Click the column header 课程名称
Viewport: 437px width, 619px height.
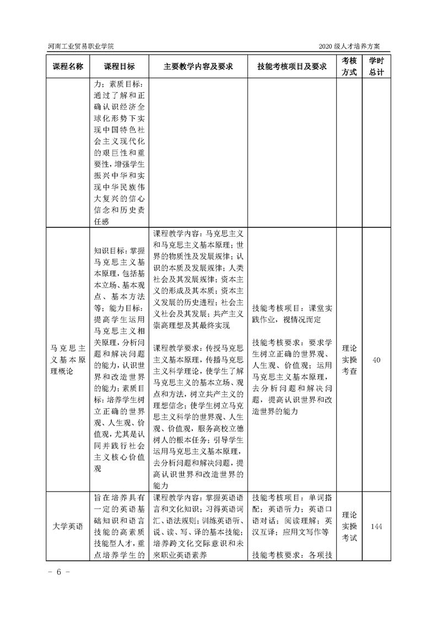(68, 67)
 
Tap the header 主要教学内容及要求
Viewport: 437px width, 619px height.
(198, 67)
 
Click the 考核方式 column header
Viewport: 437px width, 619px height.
(349, 67)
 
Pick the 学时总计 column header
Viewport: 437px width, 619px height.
(376, 67)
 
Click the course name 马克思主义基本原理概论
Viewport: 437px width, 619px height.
(68, 360)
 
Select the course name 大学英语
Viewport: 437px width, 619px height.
(68, 526)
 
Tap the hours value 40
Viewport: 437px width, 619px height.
(377, 360)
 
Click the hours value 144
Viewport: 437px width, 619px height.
(377, 526)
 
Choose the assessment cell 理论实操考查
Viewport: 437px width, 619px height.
(349, 360)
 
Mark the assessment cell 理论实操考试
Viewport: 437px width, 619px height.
(349, 526)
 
